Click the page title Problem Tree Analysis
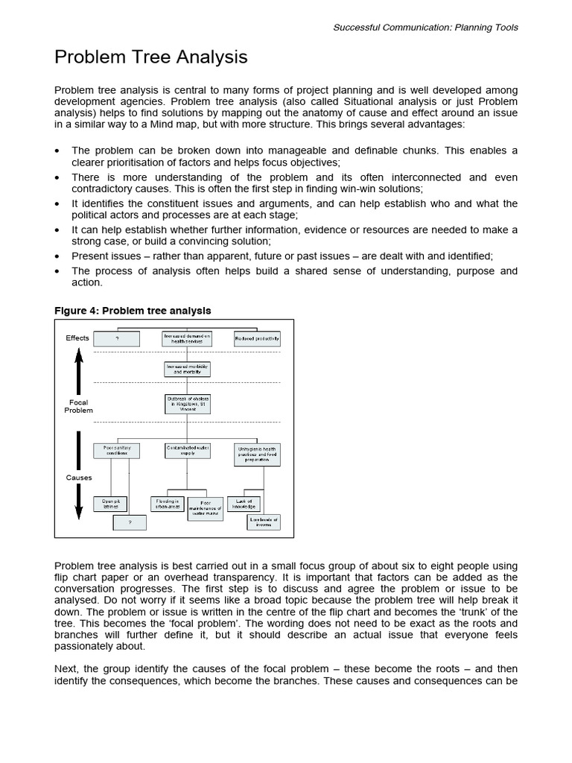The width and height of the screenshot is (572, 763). click(x=150, y=57)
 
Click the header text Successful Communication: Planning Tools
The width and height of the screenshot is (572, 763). click(x=425, y=28)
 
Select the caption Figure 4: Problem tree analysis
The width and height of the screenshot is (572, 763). click(x=133, y=311)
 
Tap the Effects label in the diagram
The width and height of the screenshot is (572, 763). click(x=77, y=338)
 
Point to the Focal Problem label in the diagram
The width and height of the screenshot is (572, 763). click(x=78, y=406)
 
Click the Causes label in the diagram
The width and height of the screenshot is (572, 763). click(x=79, y=478)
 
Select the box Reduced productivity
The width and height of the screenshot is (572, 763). click(x=257, y=338)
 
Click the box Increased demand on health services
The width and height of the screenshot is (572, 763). click(x=187, y=338)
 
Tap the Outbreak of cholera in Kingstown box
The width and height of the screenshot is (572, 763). click(x=187, y=404)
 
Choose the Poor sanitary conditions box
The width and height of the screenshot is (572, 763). click(x=116, y=451)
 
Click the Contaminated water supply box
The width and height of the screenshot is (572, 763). click(x=187, y=451)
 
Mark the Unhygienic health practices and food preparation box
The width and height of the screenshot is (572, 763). click(x=257, y=454)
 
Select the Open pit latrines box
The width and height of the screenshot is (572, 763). click(x=110, y=504)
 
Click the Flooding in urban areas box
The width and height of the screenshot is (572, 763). click(x=167, y=504)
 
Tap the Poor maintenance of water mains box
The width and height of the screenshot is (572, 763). click(x=205, y=508)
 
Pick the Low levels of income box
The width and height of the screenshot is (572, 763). click(x=264, y=522)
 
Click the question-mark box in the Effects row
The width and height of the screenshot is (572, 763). click(x=117, y=338)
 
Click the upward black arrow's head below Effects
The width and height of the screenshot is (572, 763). click(x=79, y=353)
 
